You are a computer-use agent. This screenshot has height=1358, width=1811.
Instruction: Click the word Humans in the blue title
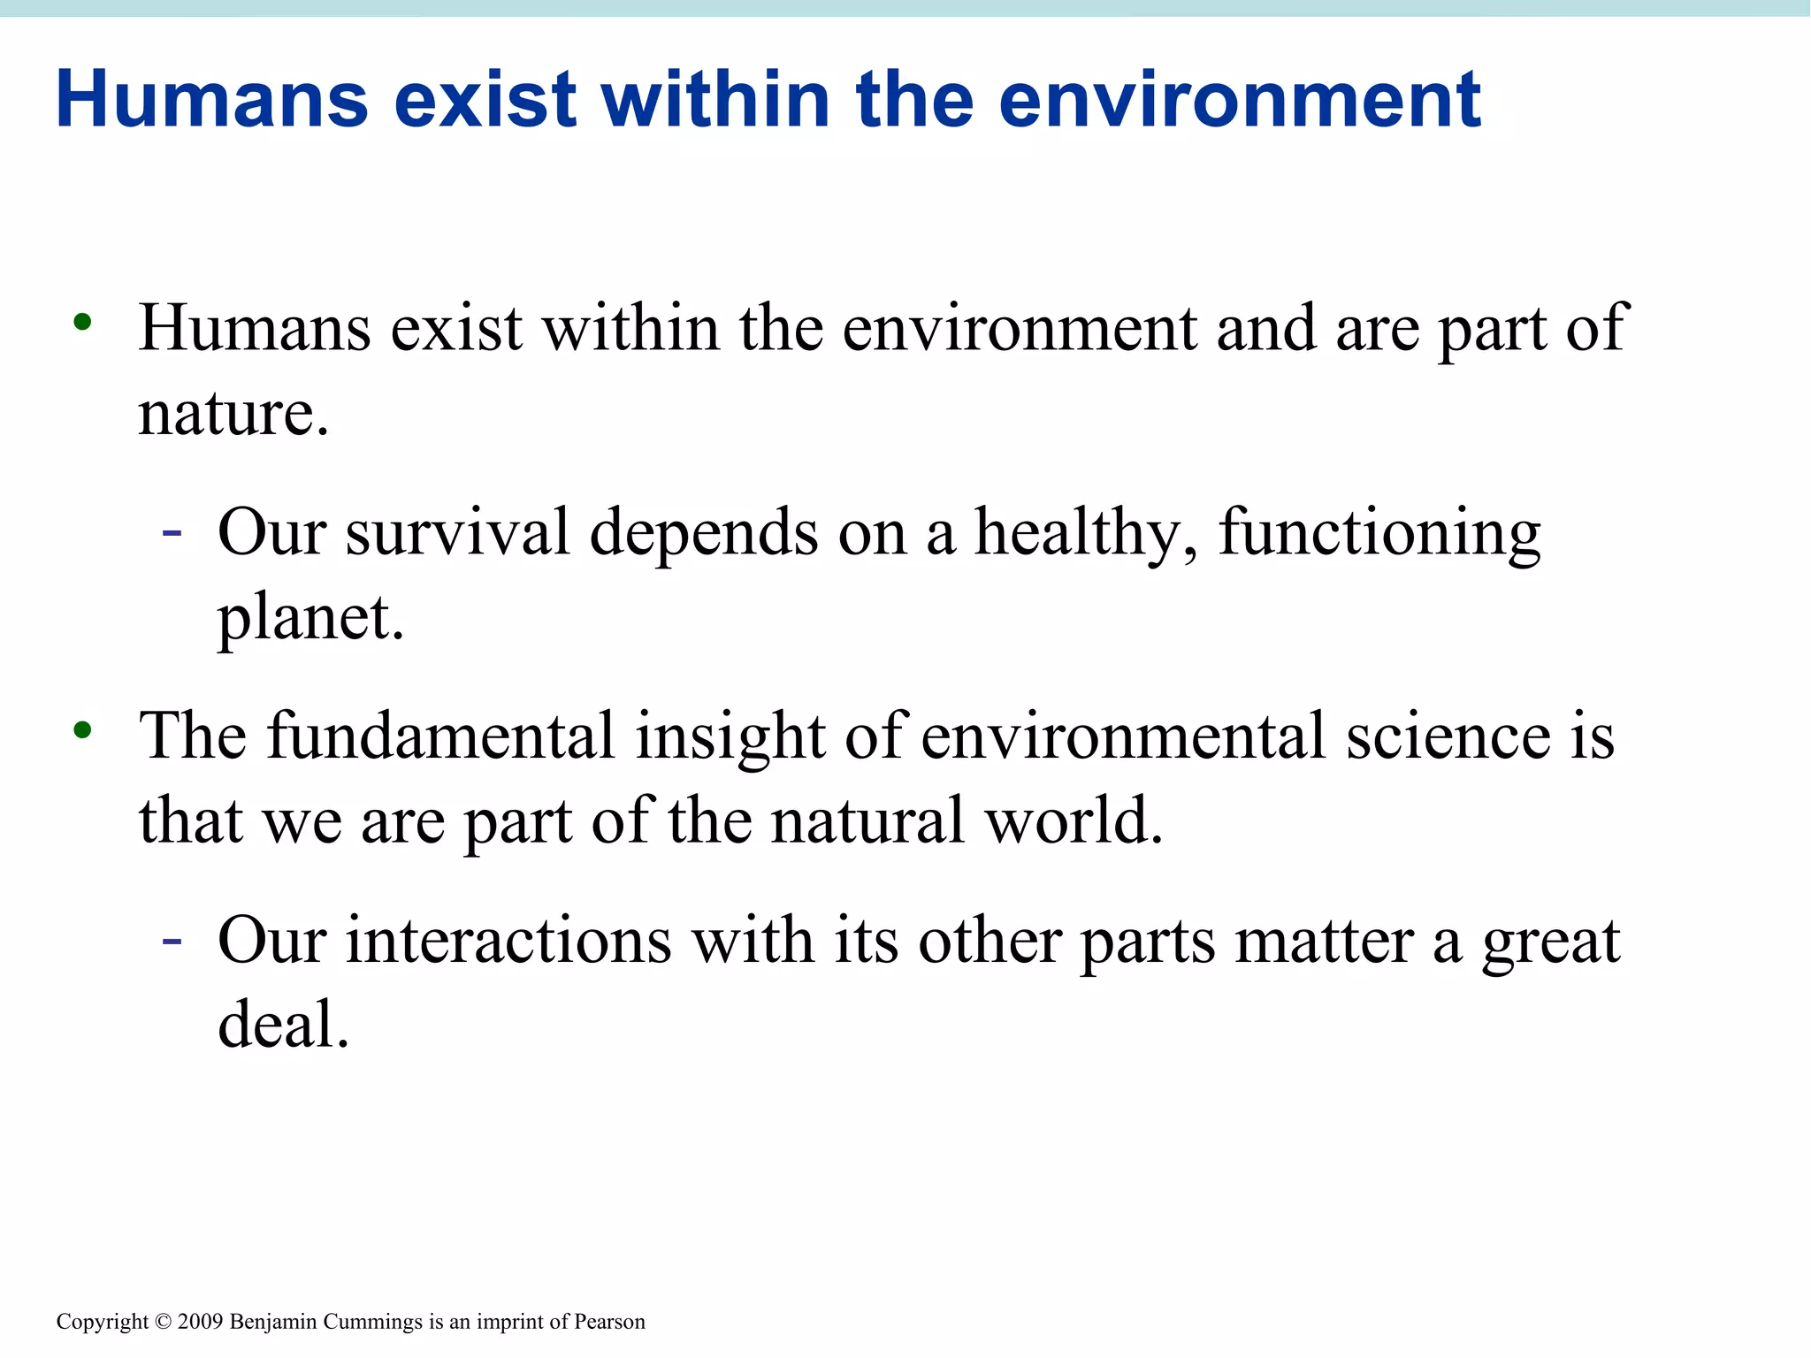212,99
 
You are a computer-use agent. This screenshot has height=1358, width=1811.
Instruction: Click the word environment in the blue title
1240,99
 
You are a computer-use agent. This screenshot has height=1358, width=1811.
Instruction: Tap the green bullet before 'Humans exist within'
82,324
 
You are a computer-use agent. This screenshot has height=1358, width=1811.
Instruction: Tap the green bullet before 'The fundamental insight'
82,730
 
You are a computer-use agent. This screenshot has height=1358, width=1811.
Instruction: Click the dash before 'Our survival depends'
172,533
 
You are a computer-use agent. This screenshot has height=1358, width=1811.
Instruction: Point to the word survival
457,533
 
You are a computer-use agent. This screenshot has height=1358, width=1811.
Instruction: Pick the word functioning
1379,533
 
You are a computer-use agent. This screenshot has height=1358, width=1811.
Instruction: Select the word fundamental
440,736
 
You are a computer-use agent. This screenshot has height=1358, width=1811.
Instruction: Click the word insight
730,736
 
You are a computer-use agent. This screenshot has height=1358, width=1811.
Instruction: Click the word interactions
508,940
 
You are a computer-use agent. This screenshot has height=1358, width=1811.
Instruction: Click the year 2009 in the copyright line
200,1322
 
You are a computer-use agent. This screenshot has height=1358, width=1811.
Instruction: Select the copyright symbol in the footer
163,1322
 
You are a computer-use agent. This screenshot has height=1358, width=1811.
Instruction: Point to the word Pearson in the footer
609,1322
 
